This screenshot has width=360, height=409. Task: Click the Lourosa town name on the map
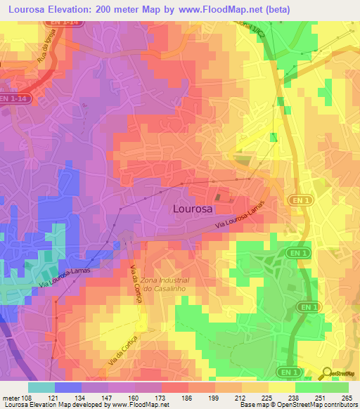(x=192, y=209)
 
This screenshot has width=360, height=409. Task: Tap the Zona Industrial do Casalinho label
(x=166, y=284)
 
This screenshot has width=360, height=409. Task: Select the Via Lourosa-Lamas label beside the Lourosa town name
(x=240, y=218)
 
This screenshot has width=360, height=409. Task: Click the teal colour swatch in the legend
(x=41, y=387)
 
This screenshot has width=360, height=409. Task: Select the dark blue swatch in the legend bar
(x=68, y=387)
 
